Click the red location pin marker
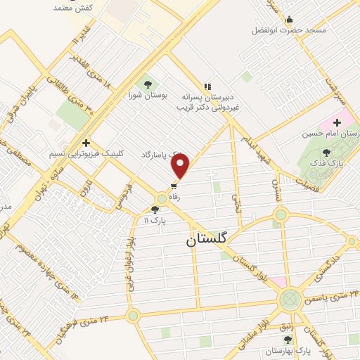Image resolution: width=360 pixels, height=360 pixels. coord(181,166)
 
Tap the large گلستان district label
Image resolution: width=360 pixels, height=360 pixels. coord(209,239)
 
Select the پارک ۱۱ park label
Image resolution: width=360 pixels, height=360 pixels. coord(155,221)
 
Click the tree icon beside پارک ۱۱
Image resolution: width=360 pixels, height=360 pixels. coord(155,210)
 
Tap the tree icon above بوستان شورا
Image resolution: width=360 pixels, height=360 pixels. coord(146,83)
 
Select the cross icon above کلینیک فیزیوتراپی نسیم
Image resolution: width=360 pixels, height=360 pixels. coord(86,141)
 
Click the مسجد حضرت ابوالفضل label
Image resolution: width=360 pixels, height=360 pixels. coord(285,31)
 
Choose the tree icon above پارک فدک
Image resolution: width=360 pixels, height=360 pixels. coord(325,152)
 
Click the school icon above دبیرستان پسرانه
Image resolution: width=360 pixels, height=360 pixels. coord(207,85)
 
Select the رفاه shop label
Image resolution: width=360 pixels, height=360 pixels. coord(173,198)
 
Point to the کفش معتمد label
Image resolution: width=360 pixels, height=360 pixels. coord(74,8)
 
